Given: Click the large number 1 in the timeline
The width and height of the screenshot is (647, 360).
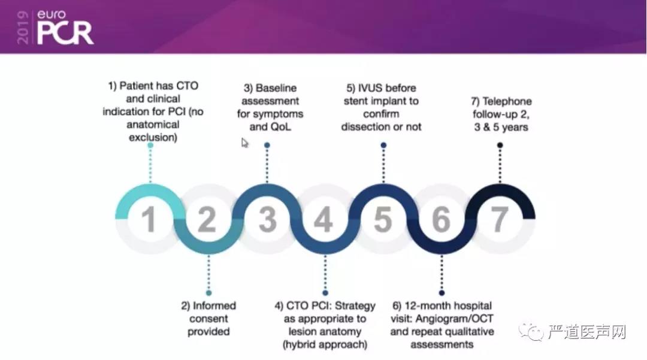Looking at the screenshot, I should [149, 219].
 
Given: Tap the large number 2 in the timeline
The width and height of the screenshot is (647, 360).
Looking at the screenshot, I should [207, 220].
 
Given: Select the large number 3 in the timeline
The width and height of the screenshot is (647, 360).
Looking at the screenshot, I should [267, 220].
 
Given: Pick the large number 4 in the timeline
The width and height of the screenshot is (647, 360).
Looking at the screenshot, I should [323, 220].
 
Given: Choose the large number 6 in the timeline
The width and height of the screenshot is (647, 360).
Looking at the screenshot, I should [440, 220].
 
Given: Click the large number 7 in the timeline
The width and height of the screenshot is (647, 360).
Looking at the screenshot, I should [499, 220].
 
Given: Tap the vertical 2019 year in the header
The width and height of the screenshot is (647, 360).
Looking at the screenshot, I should [23, 27].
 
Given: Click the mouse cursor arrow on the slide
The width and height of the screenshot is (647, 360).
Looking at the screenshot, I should [244, 143].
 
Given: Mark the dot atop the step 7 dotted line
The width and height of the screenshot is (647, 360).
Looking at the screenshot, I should [500, 145].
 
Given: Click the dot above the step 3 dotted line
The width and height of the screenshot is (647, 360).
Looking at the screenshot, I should [267, 145].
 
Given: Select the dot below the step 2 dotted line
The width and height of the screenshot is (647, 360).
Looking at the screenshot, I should [208, 294].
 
